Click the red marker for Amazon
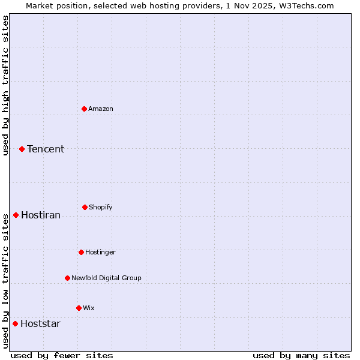click(84, 109)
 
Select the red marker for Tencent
click(22, 149)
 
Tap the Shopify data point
click(85, 207)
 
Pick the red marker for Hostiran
click(16, 215)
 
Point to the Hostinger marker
click(81, 252)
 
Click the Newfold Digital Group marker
click(67, 278)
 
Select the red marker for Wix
click(79, 308)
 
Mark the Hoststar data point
click(15, 323)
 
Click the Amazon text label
click(101, 109)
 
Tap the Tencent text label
click(46, 149)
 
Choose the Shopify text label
click(101, 207)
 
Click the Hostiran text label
click(41, 215)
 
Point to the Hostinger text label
click(100, 252)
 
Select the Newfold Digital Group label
click(106, 278)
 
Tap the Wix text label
click(89, 308)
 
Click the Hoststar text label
click(40, 323)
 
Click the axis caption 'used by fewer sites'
click(62, 355)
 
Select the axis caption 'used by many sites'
click(301, 355)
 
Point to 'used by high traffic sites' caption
click(5, 85)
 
